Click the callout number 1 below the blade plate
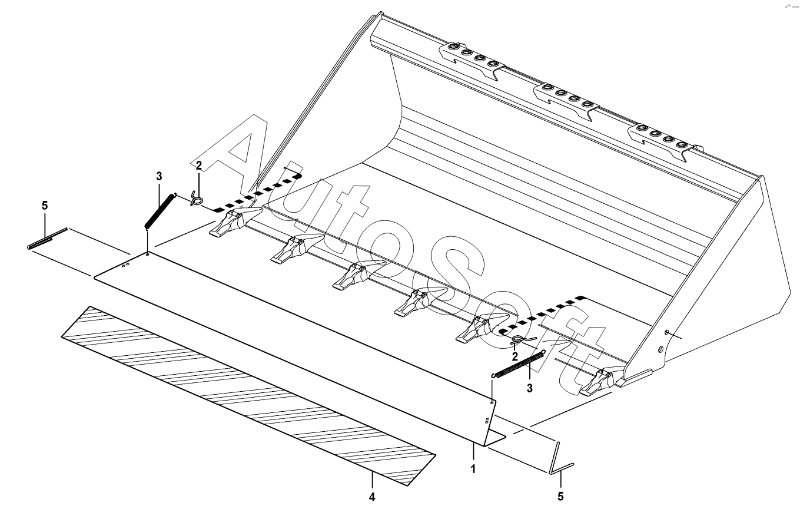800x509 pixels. (x=473, y=469)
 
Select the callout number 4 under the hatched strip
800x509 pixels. (x=372, y=497)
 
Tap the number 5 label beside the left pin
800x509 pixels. (x=45, y=206)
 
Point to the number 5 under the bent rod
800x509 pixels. (x=560, y=497)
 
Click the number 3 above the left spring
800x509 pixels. (x=159, y=176)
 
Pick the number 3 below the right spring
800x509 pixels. (x=530, y=388)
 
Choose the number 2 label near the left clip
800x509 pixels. (x=198, y=166)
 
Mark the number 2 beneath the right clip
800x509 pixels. (x=514, y=356)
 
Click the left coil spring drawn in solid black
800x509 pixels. (x=160, y=211)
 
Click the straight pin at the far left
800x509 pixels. (x=47, y=238)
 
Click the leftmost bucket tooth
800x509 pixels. (x=235, y=222)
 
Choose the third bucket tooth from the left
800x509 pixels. (x=359, y=275)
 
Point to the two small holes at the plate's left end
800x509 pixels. (x=126, y=266)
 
